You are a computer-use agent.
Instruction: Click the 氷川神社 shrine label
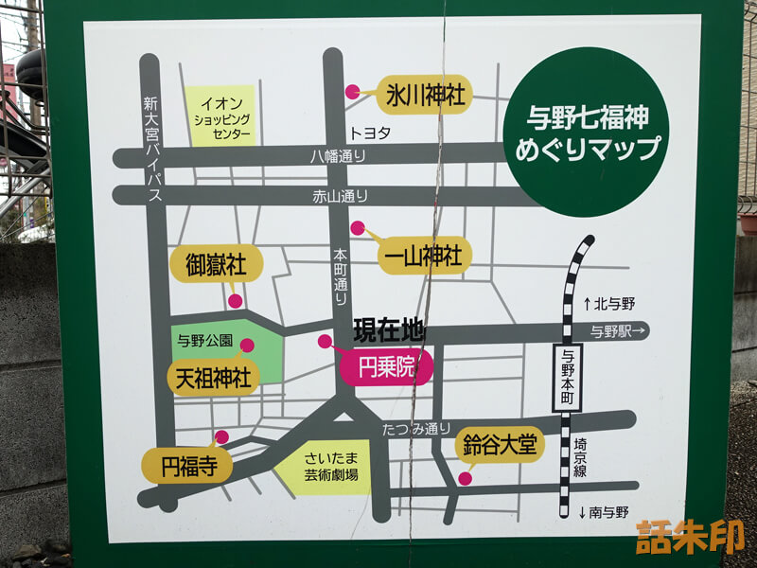(x=425, y=95)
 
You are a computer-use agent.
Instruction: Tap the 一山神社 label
(x=423, y=255)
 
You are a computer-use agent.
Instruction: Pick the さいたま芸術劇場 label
(x=331, y=469)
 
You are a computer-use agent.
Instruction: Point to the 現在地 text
(x=388, y=331)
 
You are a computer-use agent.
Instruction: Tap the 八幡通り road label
(x=338, y=157)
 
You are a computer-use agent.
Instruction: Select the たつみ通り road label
(x=416, y=429)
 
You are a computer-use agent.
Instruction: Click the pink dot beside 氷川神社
(x=353, y=92)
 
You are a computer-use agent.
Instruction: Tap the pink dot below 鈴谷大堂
(x=465, y=479)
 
